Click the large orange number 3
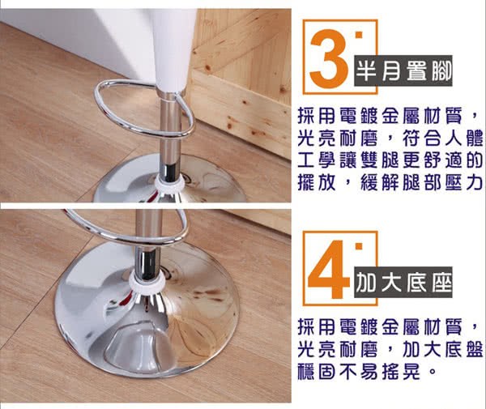(x=329, y=58)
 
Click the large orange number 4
(x=329, y=270)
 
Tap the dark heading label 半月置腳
(x=403, y=71)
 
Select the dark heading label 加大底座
(x=403, y=282)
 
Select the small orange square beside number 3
(x=359, y=34)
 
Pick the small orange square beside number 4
(x=359, y=246)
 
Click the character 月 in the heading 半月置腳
(x=390, y=71)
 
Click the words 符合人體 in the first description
(x=442, y=138)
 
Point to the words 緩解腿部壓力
(x=421, y=183)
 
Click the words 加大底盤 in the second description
(x=442, y=350)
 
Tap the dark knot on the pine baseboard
(x=229, y=126)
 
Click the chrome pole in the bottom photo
(x=148, y=240)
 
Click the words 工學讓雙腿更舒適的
(x=390, y=161)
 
